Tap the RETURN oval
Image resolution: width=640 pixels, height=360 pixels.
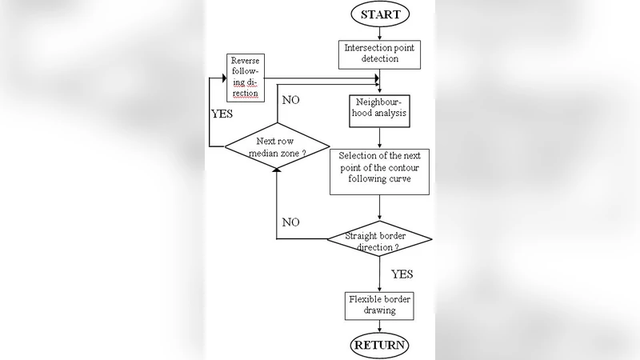click(379, 346)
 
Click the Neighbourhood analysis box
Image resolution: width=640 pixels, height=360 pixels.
click(379, 107)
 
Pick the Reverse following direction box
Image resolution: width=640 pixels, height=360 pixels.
click(244, 77)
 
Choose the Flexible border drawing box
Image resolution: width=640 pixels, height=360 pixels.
click(379, 304)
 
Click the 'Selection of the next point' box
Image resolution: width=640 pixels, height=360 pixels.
click(379, 170)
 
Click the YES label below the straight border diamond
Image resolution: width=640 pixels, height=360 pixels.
click(402, 274)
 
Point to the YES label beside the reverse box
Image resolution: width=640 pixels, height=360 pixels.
click(221, 113)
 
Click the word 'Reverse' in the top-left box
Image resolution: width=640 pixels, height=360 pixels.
click(244, 61)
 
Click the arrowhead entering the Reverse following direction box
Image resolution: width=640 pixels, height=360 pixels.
click(213, 77)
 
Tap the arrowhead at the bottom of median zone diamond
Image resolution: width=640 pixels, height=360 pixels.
click(276, 169)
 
